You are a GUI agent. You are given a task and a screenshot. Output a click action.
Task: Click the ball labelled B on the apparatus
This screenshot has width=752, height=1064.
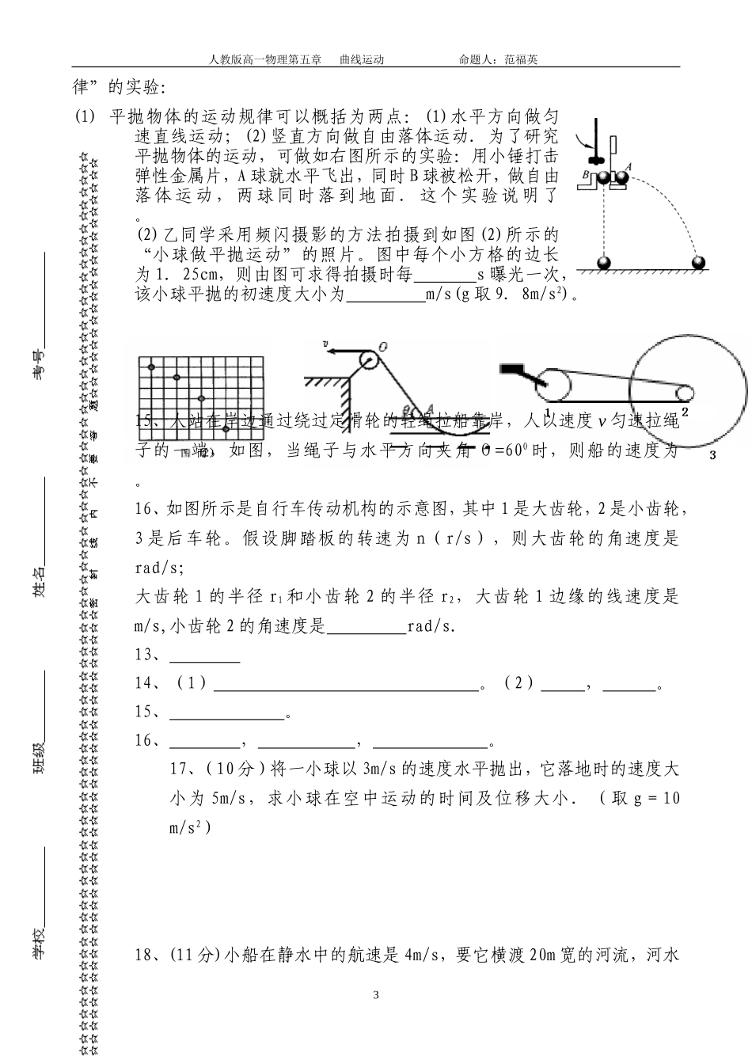[604, 178]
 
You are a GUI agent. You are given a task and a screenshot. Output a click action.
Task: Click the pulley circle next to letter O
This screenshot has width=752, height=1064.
[368, 360]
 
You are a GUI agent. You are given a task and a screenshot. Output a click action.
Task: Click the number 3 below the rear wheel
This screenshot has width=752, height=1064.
[712, 454]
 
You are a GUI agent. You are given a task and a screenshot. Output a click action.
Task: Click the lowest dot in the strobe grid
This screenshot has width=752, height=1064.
[226, 428]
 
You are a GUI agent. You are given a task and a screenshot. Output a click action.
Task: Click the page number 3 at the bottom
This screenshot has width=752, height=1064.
[376, 994]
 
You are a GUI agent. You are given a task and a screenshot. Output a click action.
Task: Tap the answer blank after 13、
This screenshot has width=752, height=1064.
[205, 659]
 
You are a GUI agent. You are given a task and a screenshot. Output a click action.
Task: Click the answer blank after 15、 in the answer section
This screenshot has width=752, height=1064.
[227, 717]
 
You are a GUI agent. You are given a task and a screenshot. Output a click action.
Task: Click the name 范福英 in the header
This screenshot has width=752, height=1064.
[520, 59]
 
